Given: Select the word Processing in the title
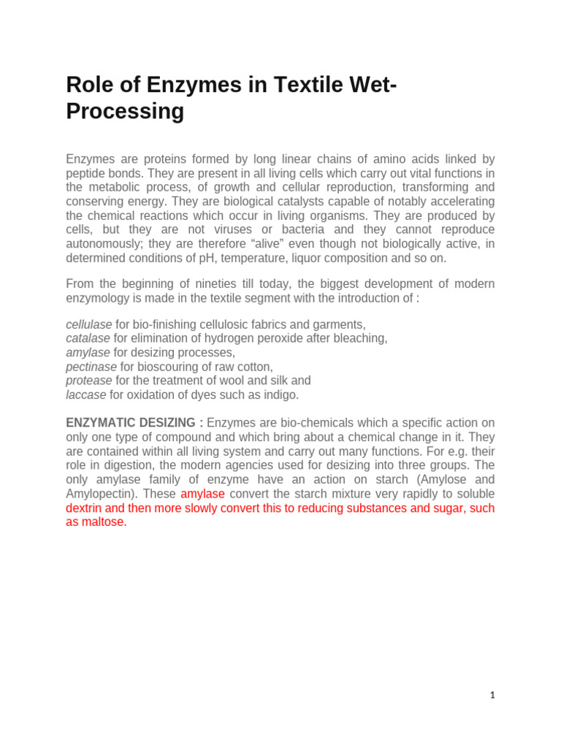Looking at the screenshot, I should [x=125, y=112].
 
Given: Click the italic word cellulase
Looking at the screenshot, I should [x=89, y=324].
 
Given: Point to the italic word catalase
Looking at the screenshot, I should [x=88, y=338].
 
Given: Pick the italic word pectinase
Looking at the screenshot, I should [x=91, y=367].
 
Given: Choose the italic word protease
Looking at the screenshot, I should [x=89, y=381].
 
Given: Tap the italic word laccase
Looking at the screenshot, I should [x=86, y=394].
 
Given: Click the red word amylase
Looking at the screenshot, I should [x=202, y=494].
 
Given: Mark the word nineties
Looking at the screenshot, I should [x=219, y=283].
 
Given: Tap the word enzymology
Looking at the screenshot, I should [x=98, y=297].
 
